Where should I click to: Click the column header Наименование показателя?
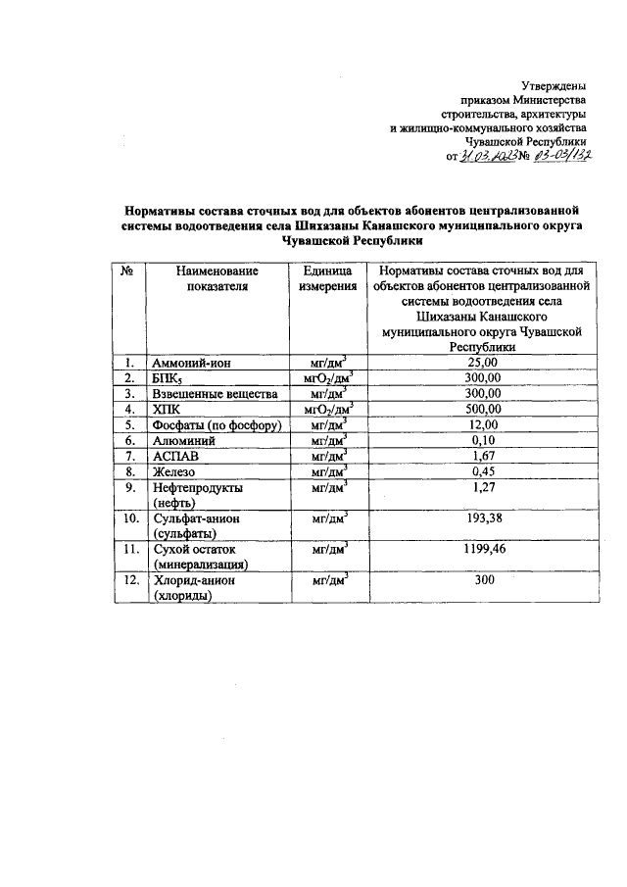pos(217,278)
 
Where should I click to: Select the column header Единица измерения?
pos(327,278)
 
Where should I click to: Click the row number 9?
pos(127,487)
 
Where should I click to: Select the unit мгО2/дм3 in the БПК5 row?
pos(327,377)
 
